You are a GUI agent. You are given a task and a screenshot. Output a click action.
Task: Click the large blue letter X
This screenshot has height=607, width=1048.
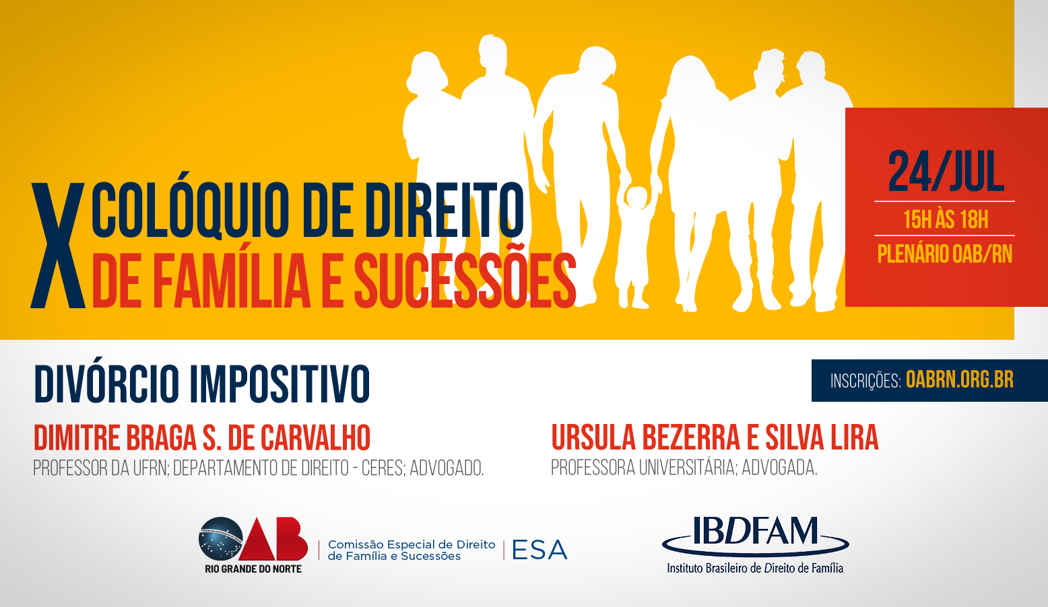click(x=58, y=246)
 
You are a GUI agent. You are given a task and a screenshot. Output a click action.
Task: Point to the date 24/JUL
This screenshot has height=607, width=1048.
click(x=946, y=172)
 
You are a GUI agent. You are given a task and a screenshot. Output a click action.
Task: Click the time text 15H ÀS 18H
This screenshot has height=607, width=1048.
click(x=946, y=219)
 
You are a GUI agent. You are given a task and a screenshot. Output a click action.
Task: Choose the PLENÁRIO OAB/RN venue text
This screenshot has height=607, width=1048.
click(x=944, y=254)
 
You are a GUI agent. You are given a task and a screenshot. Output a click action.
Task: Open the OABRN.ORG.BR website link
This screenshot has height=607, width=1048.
click(x=960, y=380)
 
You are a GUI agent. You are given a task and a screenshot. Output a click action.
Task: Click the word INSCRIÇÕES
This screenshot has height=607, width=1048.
click(x=865, y=381)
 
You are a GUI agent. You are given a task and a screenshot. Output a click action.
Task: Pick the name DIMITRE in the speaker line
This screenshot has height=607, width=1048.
click(x=77, y=438)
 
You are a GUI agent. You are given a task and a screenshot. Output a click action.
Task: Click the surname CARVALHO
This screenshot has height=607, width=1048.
click(x=315, y=438)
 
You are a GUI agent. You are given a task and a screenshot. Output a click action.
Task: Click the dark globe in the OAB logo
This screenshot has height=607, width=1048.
click(x=221, y=539)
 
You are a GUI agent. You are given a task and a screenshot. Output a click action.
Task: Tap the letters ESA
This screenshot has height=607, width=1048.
click(x=539, y=550)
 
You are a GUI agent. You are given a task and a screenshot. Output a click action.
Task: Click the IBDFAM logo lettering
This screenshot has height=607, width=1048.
click(x=755, y=531)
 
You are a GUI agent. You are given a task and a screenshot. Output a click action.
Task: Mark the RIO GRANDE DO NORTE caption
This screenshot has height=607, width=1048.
click(x=253, y=569)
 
